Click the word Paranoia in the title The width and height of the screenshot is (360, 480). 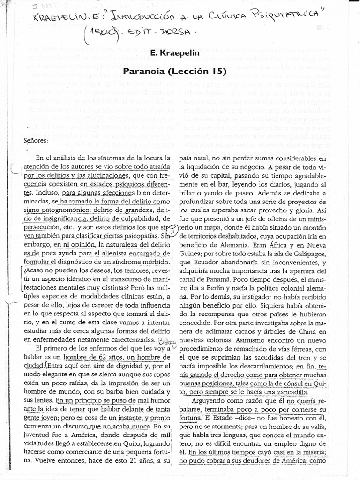(142, 72)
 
